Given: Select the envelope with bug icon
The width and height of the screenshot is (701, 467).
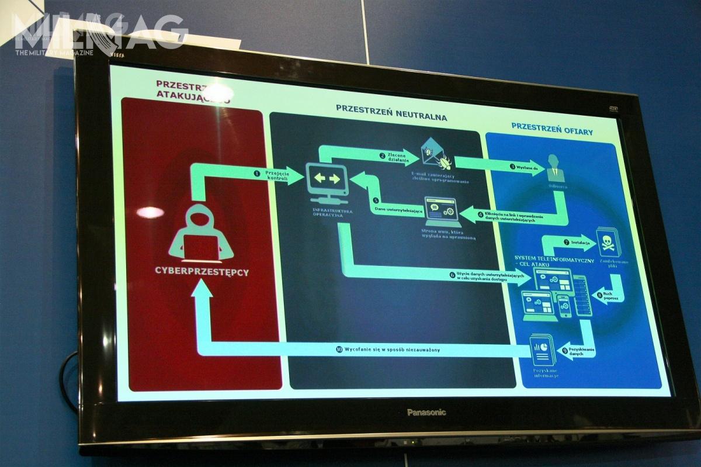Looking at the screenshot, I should point(435,153).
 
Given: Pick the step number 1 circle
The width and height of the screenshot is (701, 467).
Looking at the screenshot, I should point(255,173).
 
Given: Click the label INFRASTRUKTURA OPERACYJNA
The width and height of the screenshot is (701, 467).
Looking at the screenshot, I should point(327,214).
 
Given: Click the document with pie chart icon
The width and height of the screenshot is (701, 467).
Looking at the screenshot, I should point(540,349).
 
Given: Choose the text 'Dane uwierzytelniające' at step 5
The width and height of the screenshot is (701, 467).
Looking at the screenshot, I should point(399,209).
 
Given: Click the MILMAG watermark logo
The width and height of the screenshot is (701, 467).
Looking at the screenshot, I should point(93,32).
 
